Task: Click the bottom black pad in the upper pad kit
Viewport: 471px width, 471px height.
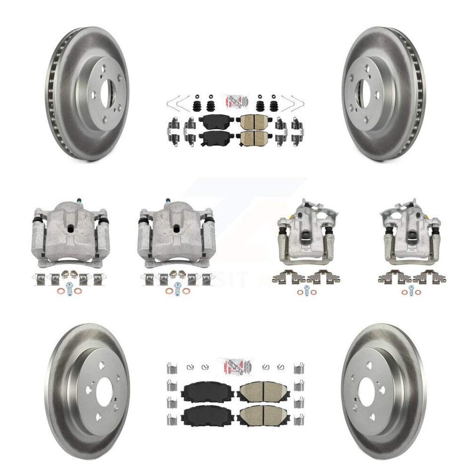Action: click(216, 136)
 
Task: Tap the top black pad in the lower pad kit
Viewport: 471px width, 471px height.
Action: click(201, 393)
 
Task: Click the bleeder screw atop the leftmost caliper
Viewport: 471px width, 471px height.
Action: click(78, 201)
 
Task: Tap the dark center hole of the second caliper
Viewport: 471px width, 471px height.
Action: click(177, 230)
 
